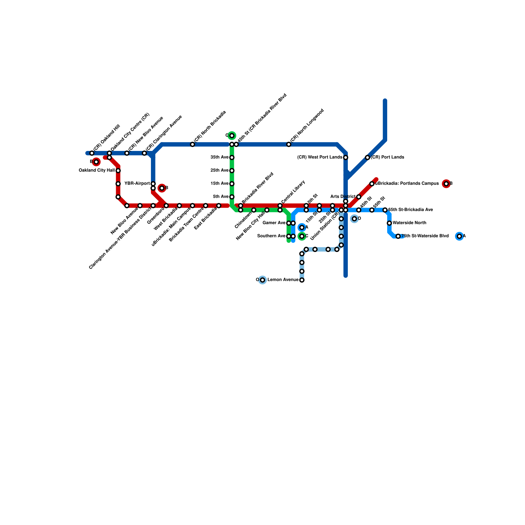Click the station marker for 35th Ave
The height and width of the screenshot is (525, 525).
pyautogui.click(x=232, y=157)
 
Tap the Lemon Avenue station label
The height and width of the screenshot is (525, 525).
pyautogui.click(x=283, y=280)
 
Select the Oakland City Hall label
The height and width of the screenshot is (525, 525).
pyautogui.click(x=97, y=170)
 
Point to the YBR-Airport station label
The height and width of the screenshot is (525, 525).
pyautogui.click(x=137, y=183)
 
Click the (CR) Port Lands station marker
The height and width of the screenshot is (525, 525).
pyautogui.click(x=367, y=157)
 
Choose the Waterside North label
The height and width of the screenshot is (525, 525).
pyautogui.click(x=409, y=223)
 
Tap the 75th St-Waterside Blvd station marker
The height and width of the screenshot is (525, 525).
pyautogui.click(x=398, y=236)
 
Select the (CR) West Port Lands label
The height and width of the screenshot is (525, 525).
pyautogui.click(x=320, y=157)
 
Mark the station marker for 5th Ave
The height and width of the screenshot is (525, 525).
pyautogui.click(x=232, y=197)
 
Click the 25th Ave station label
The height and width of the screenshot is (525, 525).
pyautogui.click(x=219, y=170)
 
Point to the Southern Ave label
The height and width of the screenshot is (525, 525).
pyautogui.click(x=271, y=236)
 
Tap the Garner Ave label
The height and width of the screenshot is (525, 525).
pyautogui.click(x=274, y=223)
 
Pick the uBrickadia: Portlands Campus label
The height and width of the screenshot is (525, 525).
pyautogui.click(x=407, y=183)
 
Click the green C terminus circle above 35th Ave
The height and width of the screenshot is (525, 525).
pyautogui.click(x=232, y=136)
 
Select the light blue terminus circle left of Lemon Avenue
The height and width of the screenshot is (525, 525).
pyautogui.click(x=262, y=280)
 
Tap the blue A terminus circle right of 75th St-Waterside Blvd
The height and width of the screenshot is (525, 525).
pyautogui.click(x=459, y=236)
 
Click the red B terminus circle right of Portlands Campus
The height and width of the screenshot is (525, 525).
pyautogui.click(x=446, y=184)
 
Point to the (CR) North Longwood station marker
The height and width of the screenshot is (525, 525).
pyautogui.click(x=289, y=144)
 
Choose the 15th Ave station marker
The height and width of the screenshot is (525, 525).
pyautogui.click(x=232, y=184)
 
